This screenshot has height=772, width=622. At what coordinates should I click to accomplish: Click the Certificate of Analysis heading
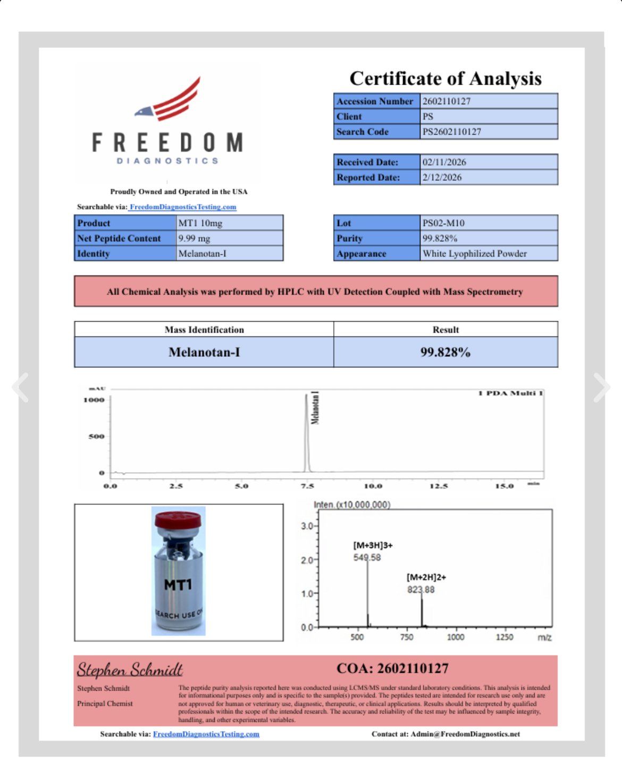pos(446,79)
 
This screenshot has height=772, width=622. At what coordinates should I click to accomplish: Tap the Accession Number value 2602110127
pos(447,101)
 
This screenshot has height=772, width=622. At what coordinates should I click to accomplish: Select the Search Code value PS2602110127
pos(452,132)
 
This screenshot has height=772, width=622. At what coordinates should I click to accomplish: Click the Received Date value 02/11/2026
pos(444,162)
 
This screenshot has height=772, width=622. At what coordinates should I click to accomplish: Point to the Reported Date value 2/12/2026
pos(442,178)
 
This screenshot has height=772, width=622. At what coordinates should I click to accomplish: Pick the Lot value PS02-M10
pos(443,223)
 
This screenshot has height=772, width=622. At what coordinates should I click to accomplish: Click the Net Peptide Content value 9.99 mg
pos(195,239)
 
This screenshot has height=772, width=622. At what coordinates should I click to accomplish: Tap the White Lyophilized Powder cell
pos(475,254)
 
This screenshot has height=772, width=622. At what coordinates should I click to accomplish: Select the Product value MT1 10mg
pos(200,223)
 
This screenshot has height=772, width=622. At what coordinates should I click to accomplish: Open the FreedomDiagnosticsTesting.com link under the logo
pos(183,207)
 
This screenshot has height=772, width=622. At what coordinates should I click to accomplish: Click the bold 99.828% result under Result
pos(446,352)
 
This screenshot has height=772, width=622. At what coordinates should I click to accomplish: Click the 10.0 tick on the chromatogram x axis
pos(373,486)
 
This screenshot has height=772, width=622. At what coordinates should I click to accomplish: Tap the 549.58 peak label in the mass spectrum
pos(367,557)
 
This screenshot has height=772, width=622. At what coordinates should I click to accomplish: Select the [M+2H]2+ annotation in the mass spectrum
pos(426,577)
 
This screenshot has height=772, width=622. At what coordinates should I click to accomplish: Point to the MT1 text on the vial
pos(178,585)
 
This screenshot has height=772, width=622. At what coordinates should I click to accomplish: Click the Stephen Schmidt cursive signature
pos(130,669)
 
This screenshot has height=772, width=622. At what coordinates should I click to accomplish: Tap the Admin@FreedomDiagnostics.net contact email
pos(465,734)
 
